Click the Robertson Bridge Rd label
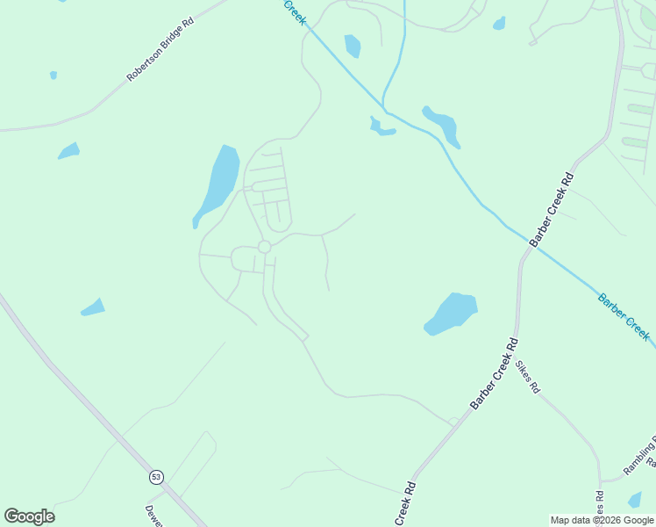[x=160, y=49]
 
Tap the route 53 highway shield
[x=156, y=477]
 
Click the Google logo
[x=29, y=516]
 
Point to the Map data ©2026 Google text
[x=603, y=520]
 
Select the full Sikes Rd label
[x=528, y=376]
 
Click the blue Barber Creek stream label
[x=624, y=317]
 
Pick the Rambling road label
[x=641, y=456]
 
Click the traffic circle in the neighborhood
[x=264, y=247]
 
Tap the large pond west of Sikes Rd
[x=451, y=314]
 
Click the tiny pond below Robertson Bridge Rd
[x=53, y=76]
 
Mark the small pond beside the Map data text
[x=635, y=500]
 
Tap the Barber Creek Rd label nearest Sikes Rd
[x=495, y=373]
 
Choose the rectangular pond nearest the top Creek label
[x=353, y=46]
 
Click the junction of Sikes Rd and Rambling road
[x=601, y=480]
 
